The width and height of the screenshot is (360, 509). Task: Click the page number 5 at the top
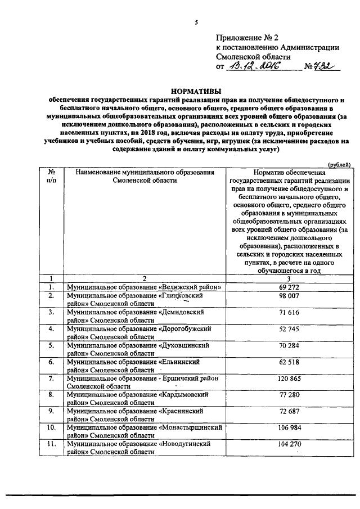[x=196, y=22]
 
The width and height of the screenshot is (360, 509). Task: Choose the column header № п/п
[x=51, y=176]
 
